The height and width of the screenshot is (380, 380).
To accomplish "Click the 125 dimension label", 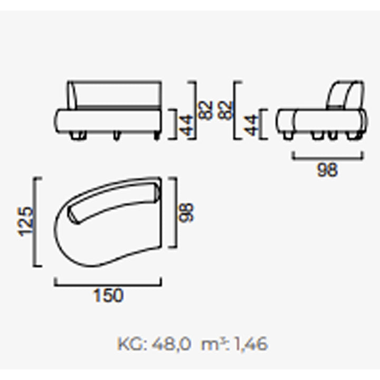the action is point(25,222).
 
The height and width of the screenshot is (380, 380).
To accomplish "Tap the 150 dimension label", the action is point(108,296).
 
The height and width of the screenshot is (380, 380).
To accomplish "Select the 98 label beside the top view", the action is point(186,213).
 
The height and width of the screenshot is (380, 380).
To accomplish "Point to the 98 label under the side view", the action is point(327,169).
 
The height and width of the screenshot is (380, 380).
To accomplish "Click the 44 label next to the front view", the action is point(187,125).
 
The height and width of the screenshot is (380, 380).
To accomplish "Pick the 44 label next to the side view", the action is point(251,125).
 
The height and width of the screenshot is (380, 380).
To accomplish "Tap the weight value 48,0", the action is point(171,344).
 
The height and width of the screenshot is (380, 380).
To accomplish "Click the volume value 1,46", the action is point(251,344).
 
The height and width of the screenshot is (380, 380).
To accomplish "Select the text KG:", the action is point(132,344).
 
